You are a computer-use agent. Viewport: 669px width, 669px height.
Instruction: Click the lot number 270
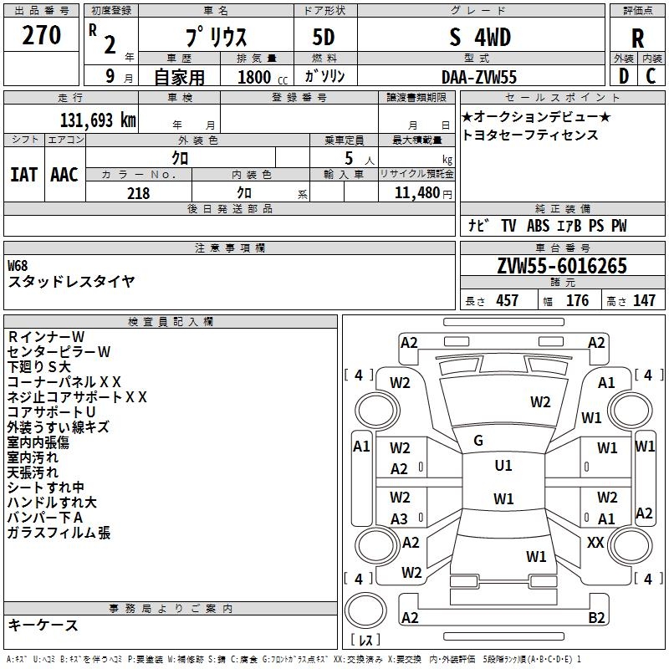41,35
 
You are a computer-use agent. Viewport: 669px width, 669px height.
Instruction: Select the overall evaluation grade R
637,38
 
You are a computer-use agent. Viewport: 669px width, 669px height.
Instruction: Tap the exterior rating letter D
623,76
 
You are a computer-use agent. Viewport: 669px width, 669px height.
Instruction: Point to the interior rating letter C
651,76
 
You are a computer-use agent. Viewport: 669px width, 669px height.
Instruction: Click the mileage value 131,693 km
98,120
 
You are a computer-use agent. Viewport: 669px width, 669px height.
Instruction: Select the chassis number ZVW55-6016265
561,266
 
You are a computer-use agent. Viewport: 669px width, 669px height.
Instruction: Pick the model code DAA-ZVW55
479,77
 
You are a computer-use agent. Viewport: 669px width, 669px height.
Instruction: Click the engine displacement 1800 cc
256,77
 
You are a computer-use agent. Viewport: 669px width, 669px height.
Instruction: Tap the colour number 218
138,193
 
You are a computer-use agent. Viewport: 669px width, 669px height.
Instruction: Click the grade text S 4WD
480,38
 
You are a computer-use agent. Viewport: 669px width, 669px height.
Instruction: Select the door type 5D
324,38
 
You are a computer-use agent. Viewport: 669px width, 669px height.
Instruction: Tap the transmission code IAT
23,174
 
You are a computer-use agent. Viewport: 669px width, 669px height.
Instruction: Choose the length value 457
506,301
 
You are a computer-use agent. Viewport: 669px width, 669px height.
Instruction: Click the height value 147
644,301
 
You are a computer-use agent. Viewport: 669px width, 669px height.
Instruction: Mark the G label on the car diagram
477,441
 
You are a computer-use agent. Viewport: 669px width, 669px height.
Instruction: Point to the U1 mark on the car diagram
503,465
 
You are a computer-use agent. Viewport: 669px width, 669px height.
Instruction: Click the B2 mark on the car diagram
596,618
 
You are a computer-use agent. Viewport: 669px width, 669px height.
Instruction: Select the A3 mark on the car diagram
400,519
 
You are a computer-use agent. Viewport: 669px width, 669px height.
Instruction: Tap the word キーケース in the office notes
43,626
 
